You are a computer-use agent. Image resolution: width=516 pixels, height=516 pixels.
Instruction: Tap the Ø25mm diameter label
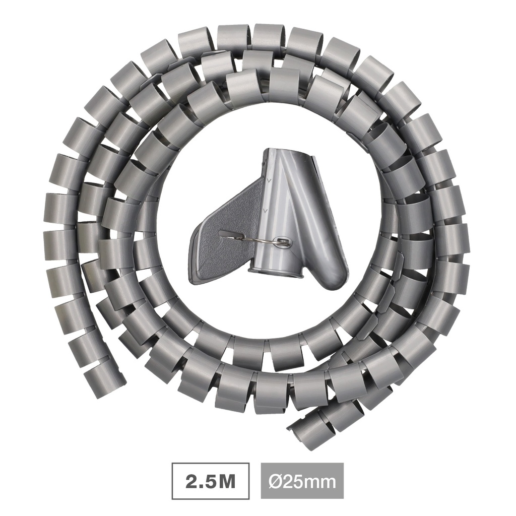pyautogui.click(x=302, y=482)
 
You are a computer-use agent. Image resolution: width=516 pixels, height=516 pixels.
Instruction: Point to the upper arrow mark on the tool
pyautogui.click(x=269, y=180)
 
